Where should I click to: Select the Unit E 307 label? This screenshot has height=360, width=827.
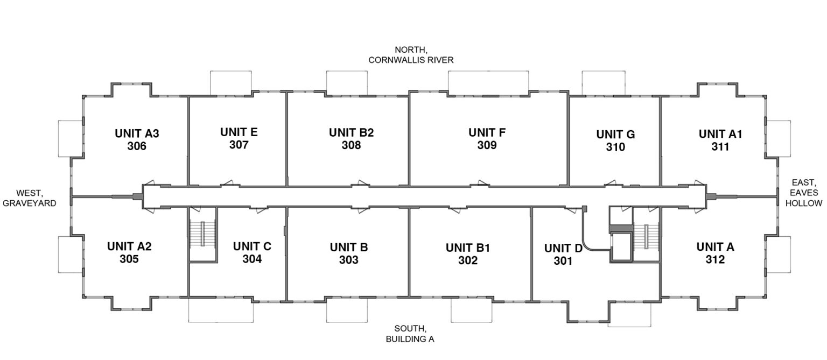point(239,138)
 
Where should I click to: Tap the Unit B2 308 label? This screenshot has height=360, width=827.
point(351,139)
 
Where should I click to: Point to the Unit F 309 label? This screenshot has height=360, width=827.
point(487,138)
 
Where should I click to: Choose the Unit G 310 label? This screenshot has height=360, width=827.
point(615,140)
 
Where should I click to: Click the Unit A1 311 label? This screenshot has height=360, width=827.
point(720,140)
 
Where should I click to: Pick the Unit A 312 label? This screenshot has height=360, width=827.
point(715,253)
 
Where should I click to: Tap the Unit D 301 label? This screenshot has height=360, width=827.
point(563,255)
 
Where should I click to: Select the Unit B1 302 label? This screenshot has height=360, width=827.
point(467,254)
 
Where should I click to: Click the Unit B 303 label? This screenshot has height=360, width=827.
point(348,253)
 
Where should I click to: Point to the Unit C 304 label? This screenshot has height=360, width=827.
point(252,252)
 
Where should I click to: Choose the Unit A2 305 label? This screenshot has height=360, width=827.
point(129,252)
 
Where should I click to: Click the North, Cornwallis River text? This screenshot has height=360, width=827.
point(411,55)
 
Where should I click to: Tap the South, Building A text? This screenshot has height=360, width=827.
point(410,334)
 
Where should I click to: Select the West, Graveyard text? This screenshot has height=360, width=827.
point(29,197)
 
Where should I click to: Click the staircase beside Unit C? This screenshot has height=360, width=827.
point(203,235)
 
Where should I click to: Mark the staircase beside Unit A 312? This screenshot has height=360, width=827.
point(647,236)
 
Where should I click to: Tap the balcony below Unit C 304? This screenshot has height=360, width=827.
point(221,310)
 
